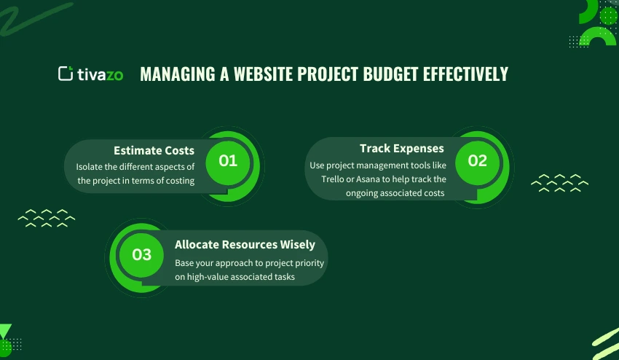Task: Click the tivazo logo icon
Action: (66, 74)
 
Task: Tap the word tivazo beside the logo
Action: (101, 74)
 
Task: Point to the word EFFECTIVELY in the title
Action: (465, 74)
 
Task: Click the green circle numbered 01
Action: (228, 160)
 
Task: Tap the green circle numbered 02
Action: (477, 161)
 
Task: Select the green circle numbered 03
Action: (142, 254)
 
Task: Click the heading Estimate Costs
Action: (154, 150)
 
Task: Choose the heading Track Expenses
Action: (401, 149)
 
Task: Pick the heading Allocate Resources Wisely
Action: (245, 245)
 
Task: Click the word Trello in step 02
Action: (336, 179)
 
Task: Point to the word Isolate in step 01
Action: (91, 166)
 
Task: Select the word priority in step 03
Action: (309, 262)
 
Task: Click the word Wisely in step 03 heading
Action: (298, 245)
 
